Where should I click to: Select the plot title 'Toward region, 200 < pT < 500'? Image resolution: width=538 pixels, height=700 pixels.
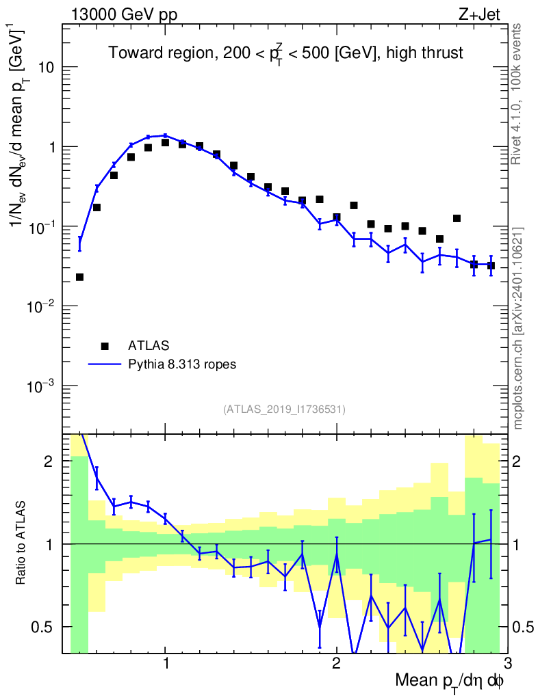coord(285,54)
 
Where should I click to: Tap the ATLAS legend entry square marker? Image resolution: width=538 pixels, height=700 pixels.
coord(104,345)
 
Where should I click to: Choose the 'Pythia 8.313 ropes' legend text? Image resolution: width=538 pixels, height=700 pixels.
coord(182,364)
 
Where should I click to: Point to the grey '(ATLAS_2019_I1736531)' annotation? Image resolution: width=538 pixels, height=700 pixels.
coord(284,409)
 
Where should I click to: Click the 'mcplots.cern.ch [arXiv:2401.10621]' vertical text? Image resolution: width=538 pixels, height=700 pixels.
coord(518,329)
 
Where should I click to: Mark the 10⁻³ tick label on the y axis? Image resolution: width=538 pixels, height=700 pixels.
coord(42,386)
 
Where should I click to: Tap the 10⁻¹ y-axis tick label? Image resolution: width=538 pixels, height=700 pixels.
coord(42,227)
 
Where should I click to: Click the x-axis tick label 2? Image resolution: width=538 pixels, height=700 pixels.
coord(336,664)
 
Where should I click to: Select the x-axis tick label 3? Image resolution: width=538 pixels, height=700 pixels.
coord(507,664)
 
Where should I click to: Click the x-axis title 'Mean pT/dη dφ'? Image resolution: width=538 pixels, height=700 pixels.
coord(450,682)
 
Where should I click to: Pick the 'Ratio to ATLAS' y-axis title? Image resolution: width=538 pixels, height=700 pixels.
coord(23,543)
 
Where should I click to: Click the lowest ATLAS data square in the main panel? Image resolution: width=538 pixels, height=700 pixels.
coord(79,277)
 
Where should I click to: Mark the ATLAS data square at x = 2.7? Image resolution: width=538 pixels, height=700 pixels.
coord(457,219)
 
